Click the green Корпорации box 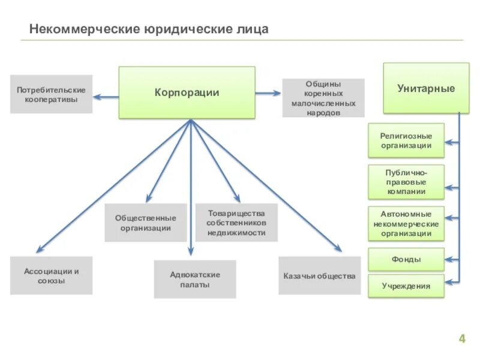(187, 92)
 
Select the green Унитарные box (426, 88)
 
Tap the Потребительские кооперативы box (51, 94)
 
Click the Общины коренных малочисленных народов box (323, 98)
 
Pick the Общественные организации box (145, 223)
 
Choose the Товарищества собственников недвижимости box (236, 223)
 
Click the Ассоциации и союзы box (51, 275)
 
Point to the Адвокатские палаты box (194, 279)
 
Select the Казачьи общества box (319, 276)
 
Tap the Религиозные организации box (406, 140)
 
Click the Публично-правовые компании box (406, 182)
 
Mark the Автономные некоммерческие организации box (406, 223)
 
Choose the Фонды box (406, 259)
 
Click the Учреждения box (406, 286)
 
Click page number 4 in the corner (462, 339)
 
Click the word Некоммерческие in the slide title (85, 29)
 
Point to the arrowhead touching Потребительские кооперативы (97, 96)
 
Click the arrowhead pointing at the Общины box (278, 92)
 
